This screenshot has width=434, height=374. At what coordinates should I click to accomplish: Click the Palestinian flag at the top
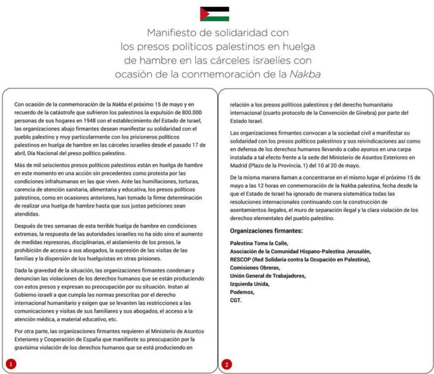point(214,14)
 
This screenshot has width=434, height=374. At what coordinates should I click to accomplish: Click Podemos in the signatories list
point(242,292)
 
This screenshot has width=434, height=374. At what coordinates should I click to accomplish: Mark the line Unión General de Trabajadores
point(268,276)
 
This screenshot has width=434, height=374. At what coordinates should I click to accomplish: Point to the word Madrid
point(239,165)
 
